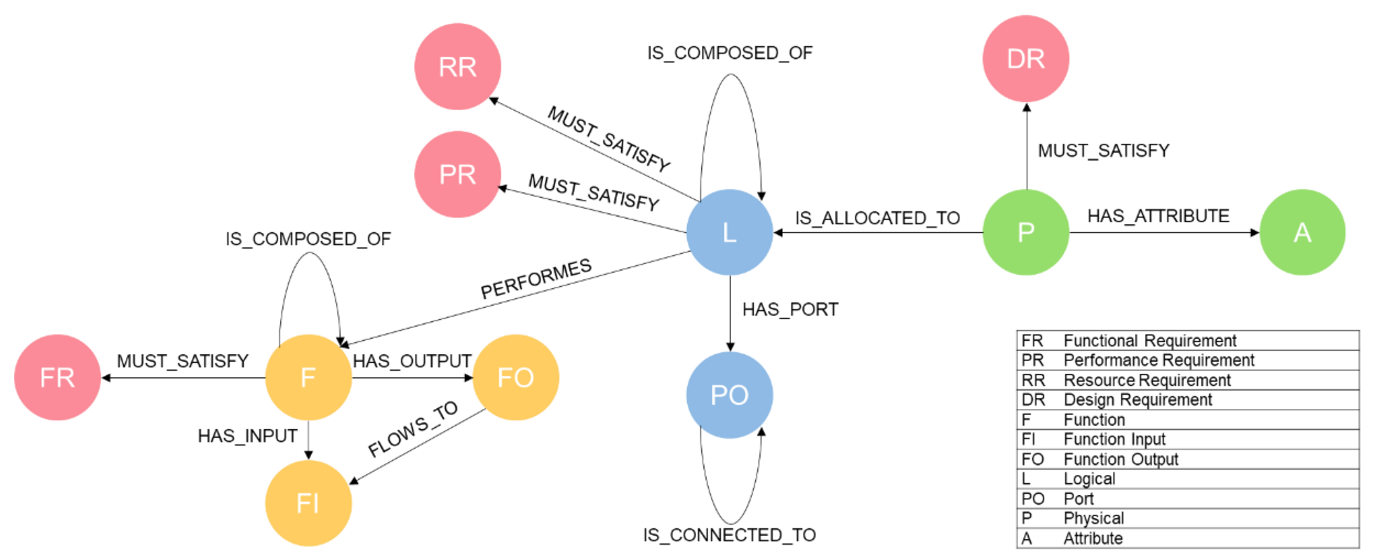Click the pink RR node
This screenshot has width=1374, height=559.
tap(457, 66)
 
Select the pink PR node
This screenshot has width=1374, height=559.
tap(457, 174)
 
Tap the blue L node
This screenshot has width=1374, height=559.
tap(729, 232)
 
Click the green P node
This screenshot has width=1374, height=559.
tap(1025, 232)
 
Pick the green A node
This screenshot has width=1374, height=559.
tap(1302, 232)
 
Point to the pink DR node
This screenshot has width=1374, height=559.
tap(1025, 58)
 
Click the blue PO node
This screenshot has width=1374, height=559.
tap(729, 395)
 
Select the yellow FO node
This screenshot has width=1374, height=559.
tap(515, 378)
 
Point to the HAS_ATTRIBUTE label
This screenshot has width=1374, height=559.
tap(1158, 216)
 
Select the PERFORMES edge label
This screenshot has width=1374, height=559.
tap(536, 279)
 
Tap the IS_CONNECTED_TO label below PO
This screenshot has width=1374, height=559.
tap(729, 534)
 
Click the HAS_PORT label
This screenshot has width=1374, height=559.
tap(790, 309)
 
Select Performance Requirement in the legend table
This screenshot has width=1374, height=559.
tap(1158, 360)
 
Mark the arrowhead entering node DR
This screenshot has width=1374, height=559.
tap(1026, 107)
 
